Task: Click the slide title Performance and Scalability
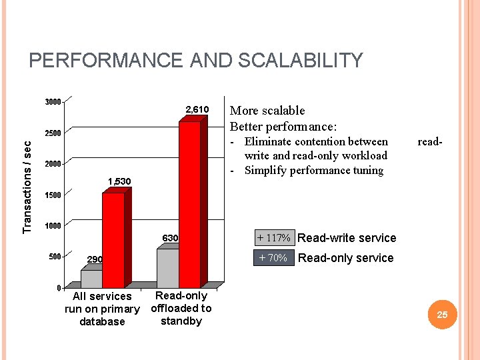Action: coord(196,61)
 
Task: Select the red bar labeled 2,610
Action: coord(190,203)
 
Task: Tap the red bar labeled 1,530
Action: coord(113,240)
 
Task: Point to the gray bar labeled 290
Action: coord(91,279)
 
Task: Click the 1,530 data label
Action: coord(119,181)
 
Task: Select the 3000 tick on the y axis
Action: coord(52,102)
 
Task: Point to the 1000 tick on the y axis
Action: coord(52,226)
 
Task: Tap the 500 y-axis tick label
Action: coord(53,257)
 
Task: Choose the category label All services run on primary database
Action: coord(102,309)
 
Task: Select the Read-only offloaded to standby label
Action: coord(181,308)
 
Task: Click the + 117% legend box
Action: coord(273,238)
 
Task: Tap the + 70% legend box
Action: coord(273,258)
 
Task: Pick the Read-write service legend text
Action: coord(347,238)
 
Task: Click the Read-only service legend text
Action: coord(345,258)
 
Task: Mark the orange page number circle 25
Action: coord(442,314)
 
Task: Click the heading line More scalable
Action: coord(267,111)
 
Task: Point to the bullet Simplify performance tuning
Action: coord(313,170)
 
